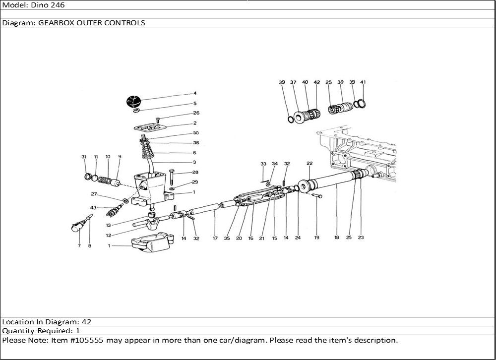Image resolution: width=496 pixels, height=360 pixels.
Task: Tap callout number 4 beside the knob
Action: (x=195, y=93)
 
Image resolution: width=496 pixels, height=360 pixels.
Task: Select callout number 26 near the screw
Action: (x=195, y=113)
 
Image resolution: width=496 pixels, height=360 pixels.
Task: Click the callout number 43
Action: (x=93, y=207)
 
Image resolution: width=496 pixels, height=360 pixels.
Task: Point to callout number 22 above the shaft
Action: (x=309, y=163)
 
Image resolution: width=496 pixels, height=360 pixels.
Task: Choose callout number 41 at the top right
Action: (x=363, y=82)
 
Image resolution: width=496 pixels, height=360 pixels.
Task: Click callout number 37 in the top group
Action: (x=293, y=82)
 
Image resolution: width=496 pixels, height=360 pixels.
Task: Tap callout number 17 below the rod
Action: (x=215, y=238)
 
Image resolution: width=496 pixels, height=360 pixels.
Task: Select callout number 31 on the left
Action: (x=84, y=157)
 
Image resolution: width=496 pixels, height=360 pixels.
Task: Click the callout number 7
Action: (x=79, y=246)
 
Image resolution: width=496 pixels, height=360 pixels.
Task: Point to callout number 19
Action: (x=316, y=238)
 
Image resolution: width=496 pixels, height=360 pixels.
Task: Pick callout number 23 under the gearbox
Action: (x=361, y=238)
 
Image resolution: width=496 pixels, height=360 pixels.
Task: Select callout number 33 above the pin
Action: (x=263, y=164)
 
